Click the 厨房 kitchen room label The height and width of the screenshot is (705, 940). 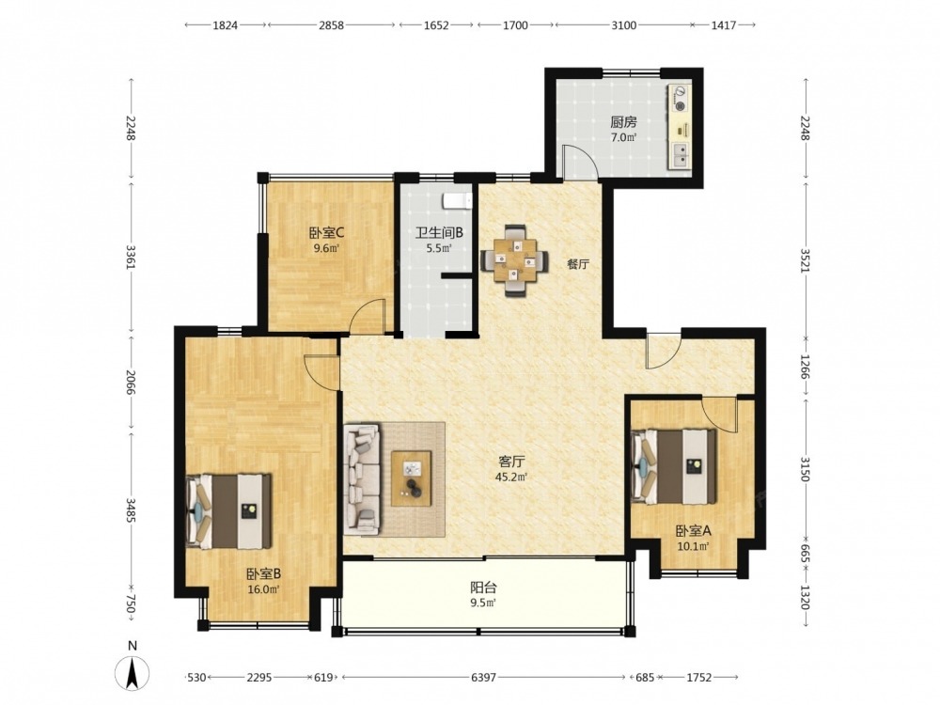coord(623,123)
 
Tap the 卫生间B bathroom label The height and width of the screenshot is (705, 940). coord(439,232)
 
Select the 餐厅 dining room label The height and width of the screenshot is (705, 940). coord(578,264)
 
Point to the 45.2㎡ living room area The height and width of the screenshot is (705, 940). coord(512,478)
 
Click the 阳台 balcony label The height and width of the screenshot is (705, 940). coord(482,588)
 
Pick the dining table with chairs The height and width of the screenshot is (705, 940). coord(514,260)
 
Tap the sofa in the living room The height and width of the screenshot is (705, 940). coord(362,479)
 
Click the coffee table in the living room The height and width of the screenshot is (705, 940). coord(412,478)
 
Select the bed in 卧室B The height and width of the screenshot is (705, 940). coord(229,511)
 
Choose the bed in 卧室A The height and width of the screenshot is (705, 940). coord(674,466)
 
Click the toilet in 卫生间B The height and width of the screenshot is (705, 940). coord(457,201)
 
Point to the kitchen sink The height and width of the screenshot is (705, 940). coord(681,155)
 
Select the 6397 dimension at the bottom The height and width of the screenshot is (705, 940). coord(483,678)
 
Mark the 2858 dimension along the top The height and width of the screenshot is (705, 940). coord(331,25)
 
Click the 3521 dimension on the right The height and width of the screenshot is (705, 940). coord(806,260)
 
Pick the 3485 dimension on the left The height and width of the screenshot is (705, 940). coord(130,509)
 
